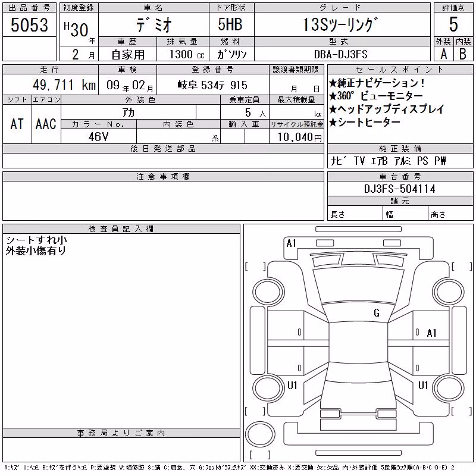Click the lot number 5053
click(x=29, y=25)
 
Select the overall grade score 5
click(x=453, y=24)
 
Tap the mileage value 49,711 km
click(x=64, y=85)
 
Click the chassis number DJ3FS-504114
click(x=400, y=189)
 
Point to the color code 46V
click(x=98, y=137)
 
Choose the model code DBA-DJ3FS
click(x=341, y=54)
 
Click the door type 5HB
click(x=230, y=24)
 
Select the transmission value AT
click(x=17, y=124)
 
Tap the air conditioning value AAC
click(x=46, y=124)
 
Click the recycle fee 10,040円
click(x=300, y=137)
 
